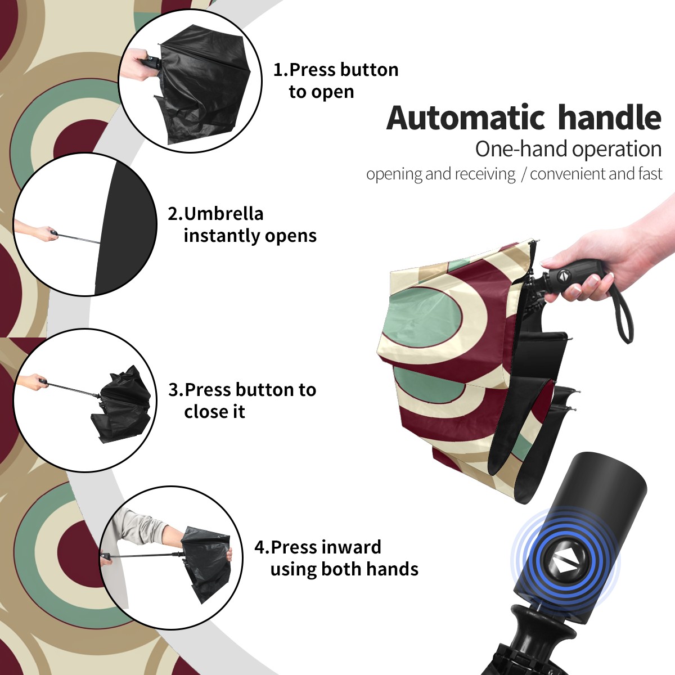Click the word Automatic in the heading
click(x=466, y=118)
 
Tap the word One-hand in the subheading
click(x=521, y=149)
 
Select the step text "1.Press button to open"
click(x=336, y=80)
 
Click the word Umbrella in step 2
click(x=223, y=214)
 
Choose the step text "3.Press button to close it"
click(x=242, y=400)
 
